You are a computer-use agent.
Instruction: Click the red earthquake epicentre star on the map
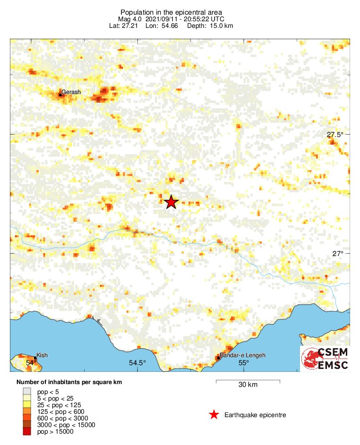coord(171,202)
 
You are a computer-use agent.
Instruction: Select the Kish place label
coord(42,355)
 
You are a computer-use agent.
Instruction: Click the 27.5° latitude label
coord(335,135)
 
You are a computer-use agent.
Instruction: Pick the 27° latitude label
coord(337,254)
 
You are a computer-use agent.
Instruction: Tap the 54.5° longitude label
coord(137,363)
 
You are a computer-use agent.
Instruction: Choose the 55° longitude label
coord(243,363)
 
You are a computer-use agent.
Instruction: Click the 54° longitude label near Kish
coord(31,363)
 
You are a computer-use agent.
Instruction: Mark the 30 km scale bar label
coord(248,385)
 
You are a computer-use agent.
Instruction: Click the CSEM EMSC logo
coord(325,359)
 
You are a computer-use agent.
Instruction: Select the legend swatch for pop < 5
coord(27,391)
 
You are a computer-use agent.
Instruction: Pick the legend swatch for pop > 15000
coord(27,431)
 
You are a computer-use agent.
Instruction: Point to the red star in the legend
coord(214,415)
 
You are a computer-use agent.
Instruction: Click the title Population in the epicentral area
coord(171,12)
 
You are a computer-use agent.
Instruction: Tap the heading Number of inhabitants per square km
coord(69,382)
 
